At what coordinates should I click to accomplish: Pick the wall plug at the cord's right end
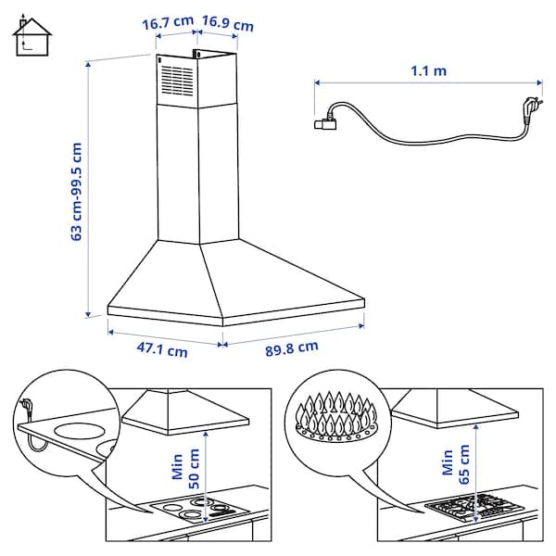point(532,106)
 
